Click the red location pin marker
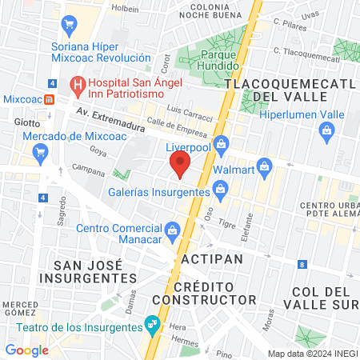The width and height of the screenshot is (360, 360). (180, 166)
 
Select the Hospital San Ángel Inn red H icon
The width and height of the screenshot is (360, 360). (78, 82)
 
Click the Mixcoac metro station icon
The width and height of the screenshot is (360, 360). (50, 99)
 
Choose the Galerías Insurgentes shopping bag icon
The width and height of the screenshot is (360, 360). (222, 190)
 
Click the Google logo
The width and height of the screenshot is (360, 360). (26, 350)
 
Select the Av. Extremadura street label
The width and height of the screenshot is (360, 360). (111, 120)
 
